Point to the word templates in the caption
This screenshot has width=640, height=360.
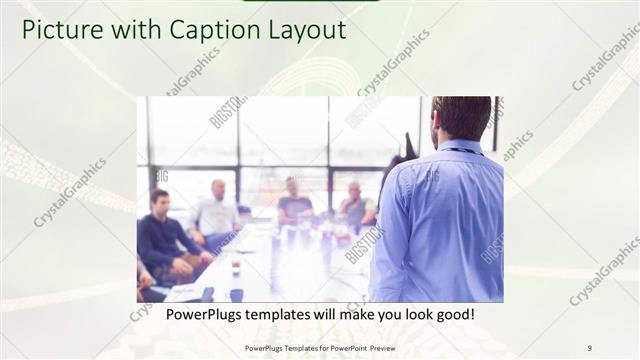(290, 314)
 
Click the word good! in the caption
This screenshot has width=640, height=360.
(453, 314)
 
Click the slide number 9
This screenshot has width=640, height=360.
(589, 348)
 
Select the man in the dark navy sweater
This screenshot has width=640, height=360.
(163, 235)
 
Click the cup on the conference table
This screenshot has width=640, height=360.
(236, 267)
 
